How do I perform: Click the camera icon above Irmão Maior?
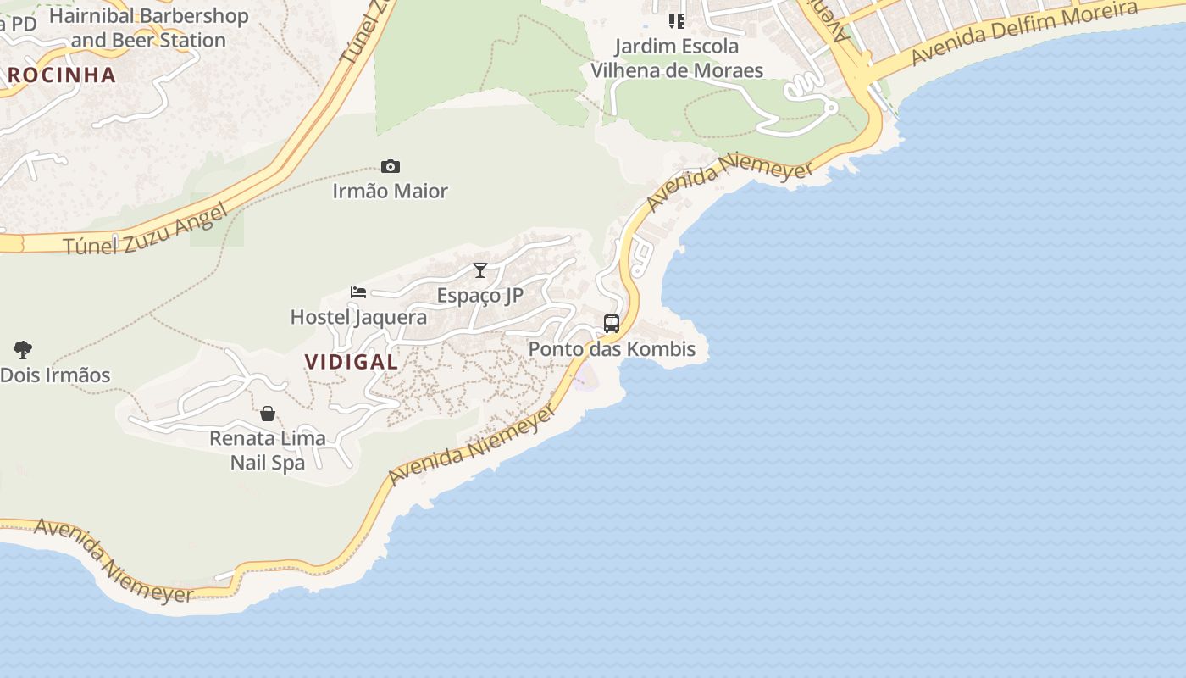click(x=390, y=166)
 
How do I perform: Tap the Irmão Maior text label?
click(x=390, y=191)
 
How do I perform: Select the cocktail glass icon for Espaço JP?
click(x=480, y=270)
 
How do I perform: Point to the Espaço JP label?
click(x=480, y=295)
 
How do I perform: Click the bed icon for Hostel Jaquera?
click(x=358, y=292)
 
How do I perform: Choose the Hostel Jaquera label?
click(x=358, y=317)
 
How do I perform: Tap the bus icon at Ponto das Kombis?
click(x=612, y=323)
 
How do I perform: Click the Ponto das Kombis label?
click(x=612, y=348)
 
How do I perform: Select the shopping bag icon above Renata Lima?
click(x=268, y=414)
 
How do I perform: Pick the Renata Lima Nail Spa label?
click(x=268, y=450)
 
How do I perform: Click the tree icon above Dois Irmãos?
click(x=23, y=349)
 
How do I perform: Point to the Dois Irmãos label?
click(x=55, y=375)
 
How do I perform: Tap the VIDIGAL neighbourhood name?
click(x=351, y=361)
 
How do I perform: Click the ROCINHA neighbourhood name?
click(x=61, y=75)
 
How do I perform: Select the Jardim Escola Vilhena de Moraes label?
click(x=677, y=58)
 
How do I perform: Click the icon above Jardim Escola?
click(x=676, y=20)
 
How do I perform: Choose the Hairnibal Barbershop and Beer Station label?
click(x=148, y=27)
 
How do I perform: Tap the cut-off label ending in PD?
click(x=18, y=24)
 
